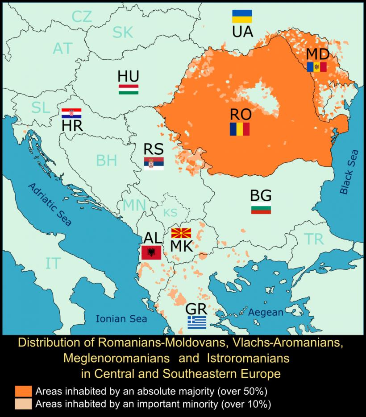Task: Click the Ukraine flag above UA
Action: (242, 17)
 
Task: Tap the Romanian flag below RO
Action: (239, 129)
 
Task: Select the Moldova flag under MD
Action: (317, 67)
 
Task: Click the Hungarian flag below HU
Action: (129, 89)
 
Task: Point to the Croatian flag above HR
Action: (71, 113)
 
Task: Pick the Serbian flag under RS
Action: (154, 163)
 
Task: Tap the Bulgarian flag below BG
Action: (261, 208)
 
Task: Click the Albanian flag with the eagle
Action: (150, 253)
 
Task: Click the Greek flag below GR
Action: (197, 322)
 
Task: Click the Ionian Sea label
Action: (121, 319)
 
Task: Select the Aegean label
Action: (266, 312)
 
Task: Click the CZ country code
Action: (82, 17)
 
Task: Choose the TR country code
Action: (314, 239)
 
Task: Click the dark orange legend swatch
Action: (23, 391)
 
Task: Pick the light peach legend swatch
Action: (23, 404)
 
